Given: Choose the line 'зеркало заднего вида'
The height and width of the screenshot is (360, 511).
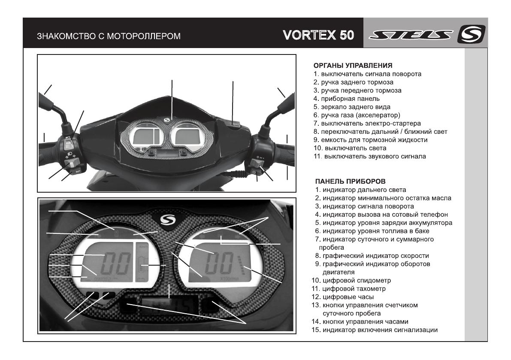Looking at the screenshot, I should click(352, 107).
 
